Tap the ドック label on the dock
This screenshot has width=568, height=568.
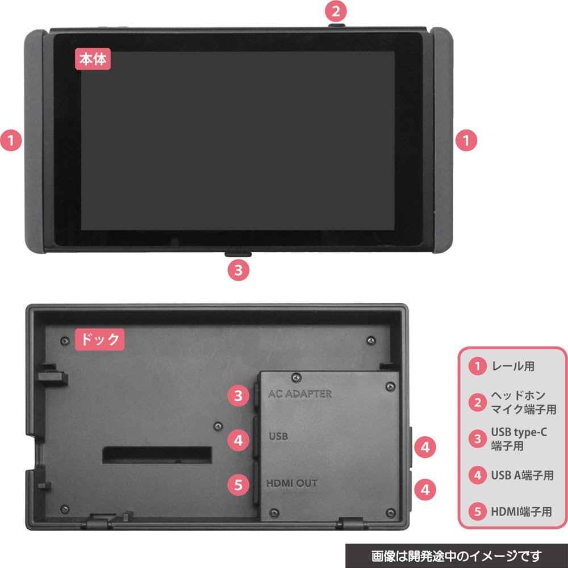pyautogui.click(x=98, y=340)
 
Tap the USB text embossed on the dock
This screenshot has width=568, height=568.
pyautogui.click(x=278, y=437)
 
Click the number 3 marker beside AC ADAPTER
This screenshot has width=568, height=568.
pyautogui.click(x=239, y=395)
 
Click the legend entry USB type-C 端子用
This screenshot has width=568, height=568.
pyautogui.click(x=519, y=438)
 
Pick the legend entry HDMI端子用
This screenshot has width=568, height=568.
pyautogui.click(x=521, y=511)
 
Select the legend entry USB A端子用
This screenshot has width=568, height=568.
pyautogui.click(x=521, y=474)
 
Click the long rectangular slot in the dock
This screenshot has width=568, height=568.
pyautogui.click(x=157, y=454)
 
